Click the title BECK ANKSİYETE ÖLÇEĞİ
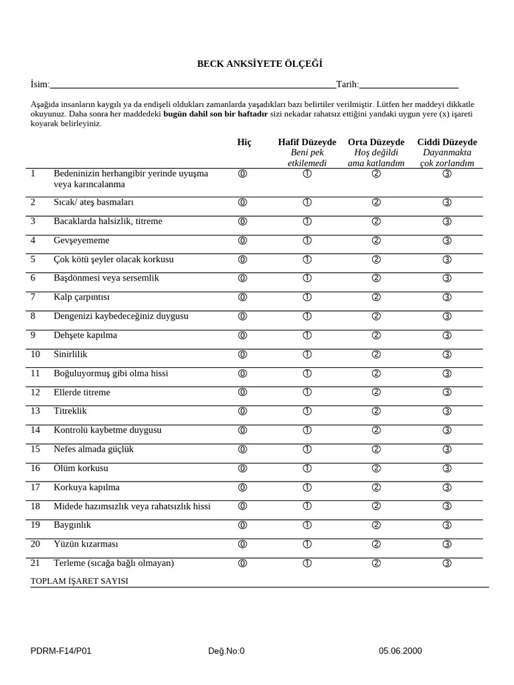[x=259, y=64]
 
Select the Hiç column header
[x=244, y=142]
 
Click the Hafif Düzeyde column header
[x=307, y=142]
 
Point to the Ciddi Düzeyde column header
[x=446, y=142]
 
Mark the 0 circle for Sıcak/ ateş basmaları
[x=242, y=203]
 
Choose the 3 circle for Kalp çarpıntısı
[x=447, y=298]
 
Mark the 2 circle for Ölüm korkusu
[x=376, y=468]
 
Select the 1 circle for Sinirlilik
[x=307, y=355]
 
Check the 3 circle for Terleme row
[x=447, y=563]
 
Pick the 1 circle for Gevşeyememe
[x=307, y=241]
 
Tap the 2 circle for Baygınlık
[x=376, y=525]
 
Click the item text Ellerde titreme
[x=82, y=392]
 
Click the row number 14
[x=35, y=430]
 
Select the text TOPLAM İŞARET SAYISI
[x=79, y=581]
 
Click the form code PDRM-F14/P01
[x=61, y=650]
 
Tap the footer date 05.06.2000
[x=400, y=650]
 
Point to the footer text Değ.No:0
[x=226, y=650]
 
